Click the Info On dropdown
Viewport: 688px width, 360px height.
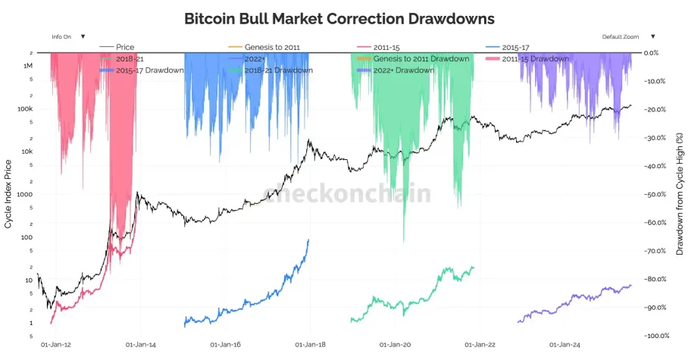tap(68, 36)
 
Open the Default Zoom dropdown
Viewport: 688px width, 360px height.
tap(628, 36)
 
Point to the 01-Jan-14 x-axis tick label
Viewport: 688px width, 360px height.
tap(141, 345)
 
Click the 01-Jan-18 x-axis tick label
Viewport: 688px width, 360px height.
tap(311, 345)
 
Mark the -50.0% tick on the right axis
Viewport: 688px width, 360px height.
tap(654, 195)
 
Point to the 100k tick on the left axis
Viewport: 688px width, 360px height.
tap(26, 109)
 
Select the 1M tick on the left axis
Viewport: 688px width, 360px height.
tap(28, 66)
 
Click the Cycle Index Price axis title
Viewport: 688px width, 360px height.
tap(8, 194)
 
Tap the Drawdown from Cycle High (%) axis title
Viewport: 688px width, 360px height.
tap(680, 194)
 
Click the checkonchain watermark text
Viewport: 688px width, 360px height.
tap(347, 194)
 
